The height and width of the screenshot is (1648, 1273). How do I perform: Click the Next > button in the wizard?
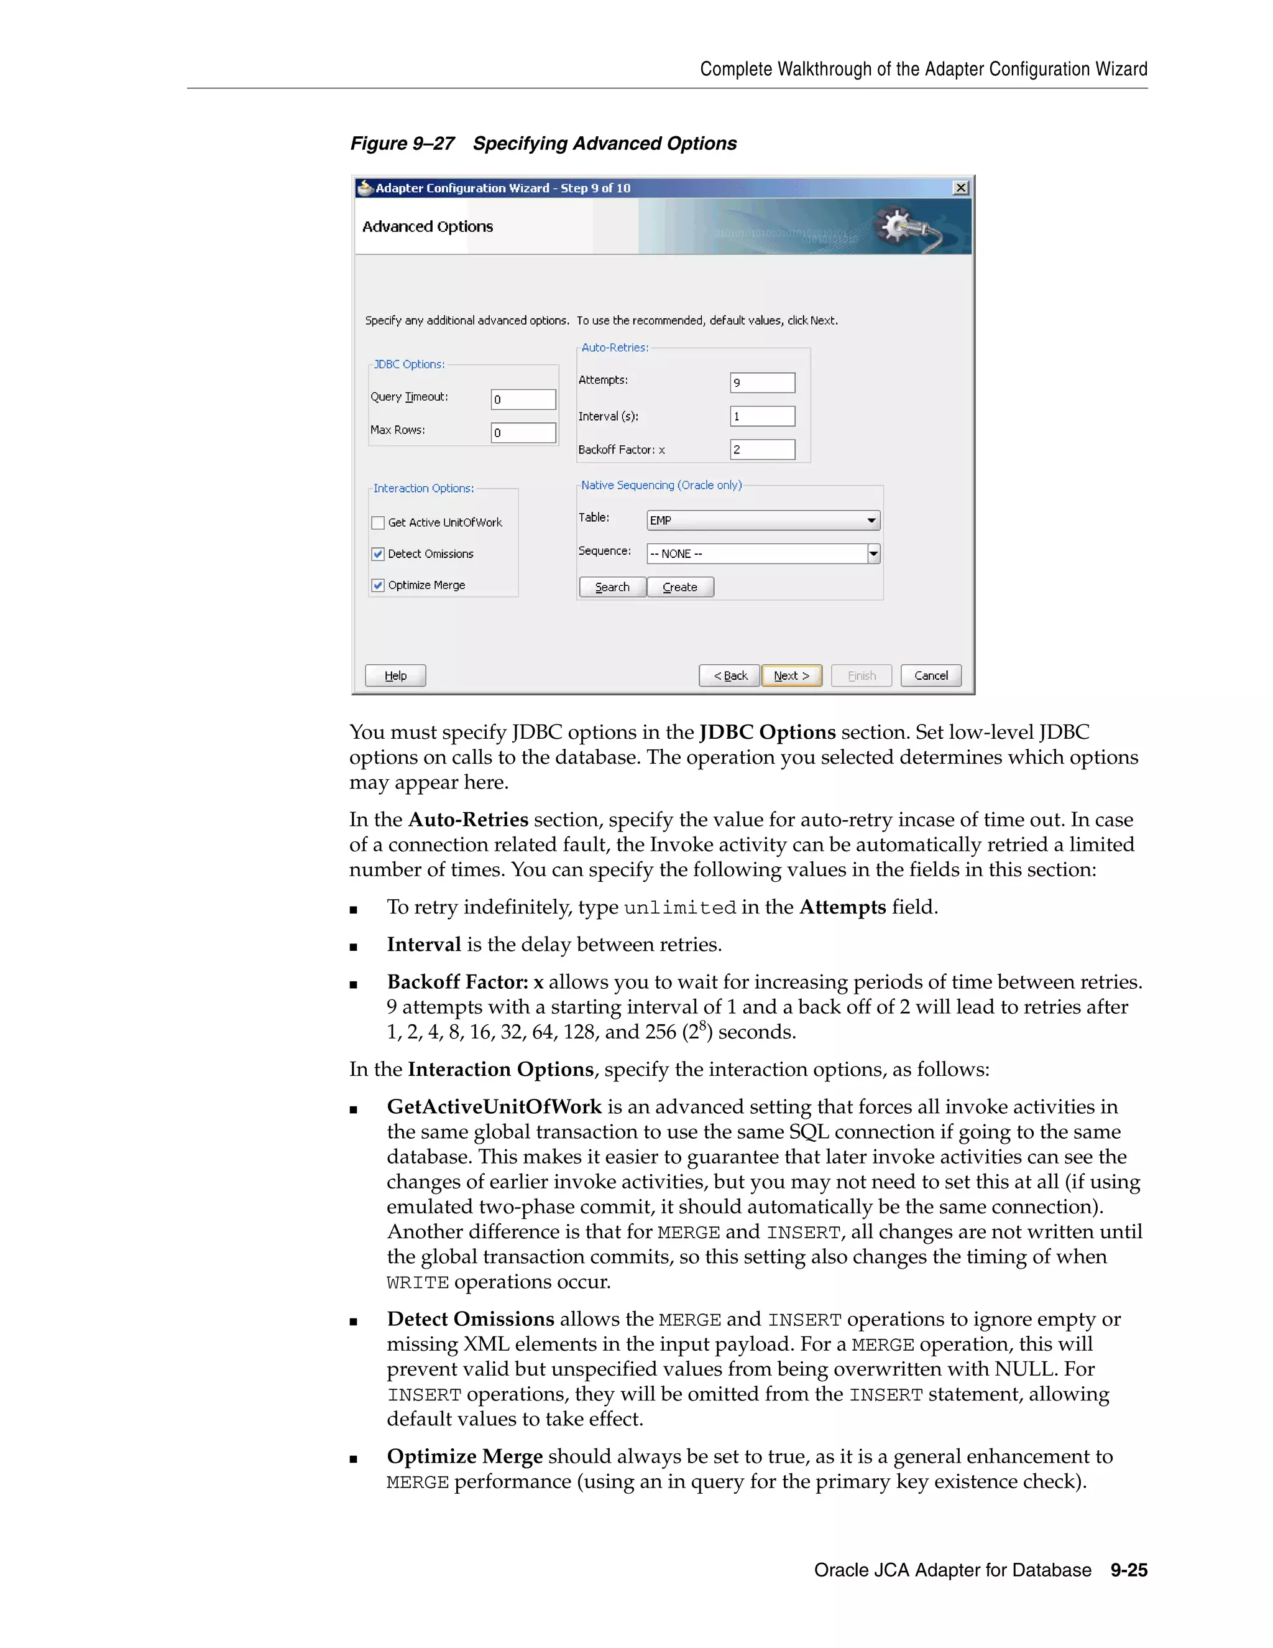tap(791, 675)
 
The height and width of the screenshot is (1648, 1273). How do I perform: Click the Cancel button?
tap(931, 675)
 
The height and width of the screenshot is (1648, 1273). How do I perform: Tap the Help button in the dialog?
tap(395, 675)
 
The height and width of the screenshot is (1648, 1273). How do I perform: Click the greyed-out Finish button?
tap(862, 675)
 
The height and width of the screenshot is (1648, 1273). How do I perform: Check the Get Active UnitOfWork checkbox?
tap(379, 522)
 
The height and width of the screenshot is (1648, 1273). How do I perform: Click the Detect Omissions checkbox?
tap(379, 554)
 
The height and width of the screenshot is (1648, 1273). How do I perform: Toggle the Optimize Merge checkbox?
tap(379, 586)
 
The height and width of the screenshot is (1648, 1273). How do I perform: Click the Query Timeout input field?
tap(523, 399)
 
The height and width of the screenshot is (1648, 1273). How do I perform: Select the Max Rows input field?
tap(523, 432)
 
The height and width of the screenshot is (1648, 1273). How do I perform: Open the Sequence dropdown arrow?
tap(873, 554)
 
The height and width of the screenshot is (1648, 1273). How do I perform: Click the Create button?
tap(680, 587)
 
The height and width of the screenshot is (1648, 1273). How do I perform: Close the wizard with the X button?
tap(960, 188)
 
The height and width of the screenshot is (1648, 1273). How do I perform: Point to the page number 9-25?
tap(1129, 1570)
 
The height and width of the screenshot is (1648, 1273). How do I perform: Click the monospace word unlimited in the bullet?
tap(679, 908)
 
